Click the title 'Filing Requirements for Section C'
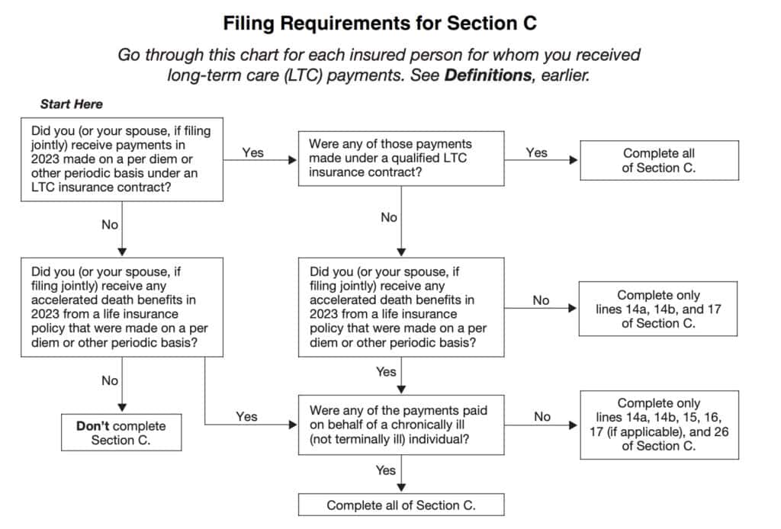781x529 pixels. [x=380, y=24]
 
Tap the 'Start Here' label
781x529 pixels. [x=71, y=104]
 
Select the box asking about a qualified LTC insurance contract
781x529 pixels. [x=401, y=158]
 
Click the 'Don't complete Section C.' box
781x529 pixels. [x=121, y=432]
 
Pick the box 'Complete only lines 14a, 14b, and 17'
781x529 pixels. [x=659, y=309]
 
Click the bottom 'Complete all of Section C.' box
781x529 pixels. [x=401, y=505]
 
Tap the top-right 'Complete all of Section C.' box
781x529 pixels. [x=659, y=160]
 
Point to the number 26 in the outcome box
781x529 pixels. [x=716, y=431]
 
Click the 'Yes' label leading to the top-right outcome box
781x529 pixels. [x=537, y=152]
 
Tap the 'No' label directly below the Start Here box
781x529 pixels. [x=110, y=225]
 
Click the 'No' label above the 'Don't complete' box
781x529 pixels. [x=110, y=380]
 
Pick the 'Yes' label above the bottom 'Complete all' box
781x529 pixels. [x=386, y=470]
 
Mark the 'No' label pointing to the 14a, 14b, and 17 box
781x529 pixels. [x=541, y=300]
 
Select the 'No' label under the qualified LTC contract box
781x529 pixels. [x=389, y=217]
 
